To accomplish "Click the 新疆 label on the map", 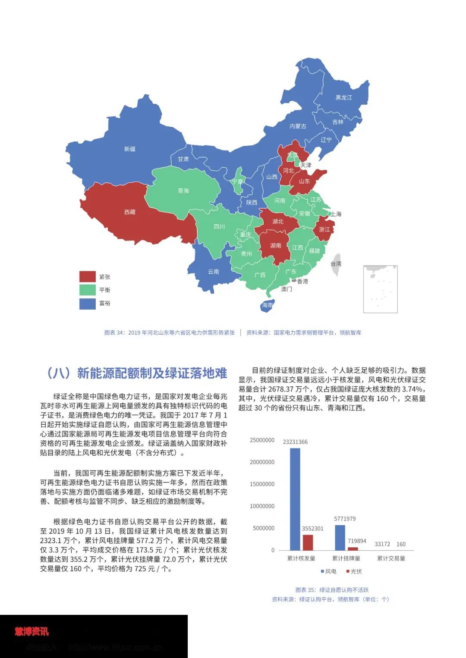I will (130, 149).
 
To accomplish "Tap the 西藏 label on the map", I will (130, 212).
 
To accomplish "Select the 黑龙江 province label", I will (344, 97).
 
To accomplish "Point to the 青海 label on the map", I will (183, 191).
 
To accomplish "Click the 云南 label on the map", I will (214, 272).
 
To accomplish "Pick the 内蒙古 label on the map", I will (298, 126).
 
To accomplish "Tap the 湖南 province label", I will (276, 246).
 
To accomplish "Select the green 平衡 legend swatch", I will (87, 290).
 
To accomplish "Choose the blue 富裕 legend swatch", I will (87, 303).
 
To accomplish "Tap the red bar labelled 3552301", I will (308, 542).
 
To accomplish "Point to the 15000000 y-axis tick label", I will (262, 484).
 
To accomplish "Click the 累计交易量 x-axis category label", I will (391, 558).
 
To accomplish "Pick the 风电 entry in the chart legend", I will (329, 571).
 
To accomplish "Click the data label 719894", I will (357, 541).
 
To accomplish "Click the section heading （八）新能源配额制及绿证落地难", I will (136, 373).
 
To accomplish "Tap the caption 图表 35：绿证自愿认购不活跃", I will (332, 590).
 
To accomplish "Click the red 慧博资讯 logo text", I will (32, 632).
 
